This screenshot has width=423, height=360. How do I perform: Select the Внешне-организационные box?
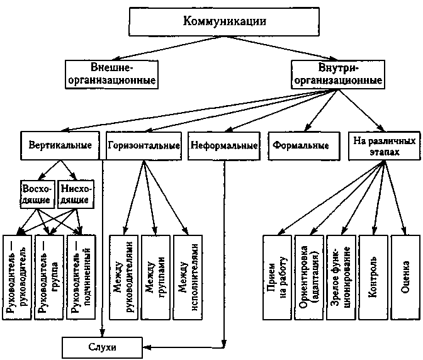tap(111, 73)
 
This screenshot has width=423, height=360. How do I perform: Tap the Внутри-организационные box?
tap(339, 73)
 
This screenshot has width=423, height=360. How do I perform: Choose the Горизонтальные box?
tap(144, 145)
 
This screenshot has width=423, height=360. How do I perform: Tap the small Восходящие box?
tap(37, 193)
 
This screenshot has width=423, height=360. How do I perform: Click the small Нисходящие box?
tap(76, 193)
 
